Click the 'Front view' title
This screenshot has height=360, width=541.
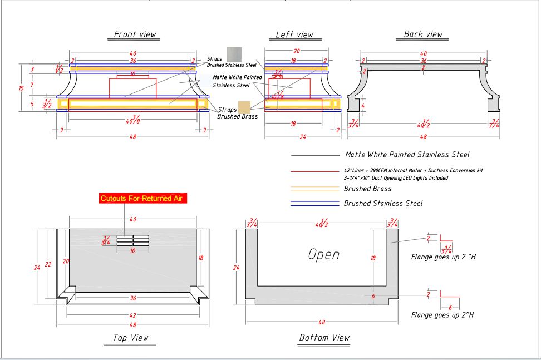click(135, 34)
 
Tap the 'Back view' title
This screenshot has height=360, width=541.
click(424, 34)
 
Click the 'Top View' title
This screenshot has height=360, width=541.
click(131, 337)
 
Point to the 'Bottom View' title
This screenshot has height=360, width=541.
click(324, 337)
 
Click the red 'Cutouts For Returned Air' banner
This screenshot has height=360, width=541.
click(144, 198)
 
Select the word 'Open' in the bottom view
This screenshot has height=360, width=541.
click(324, 255)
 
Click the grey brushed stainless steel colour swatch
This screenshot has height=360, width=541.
click(234, 54)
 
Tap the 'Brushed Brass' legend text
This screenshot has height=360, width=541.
click(367, 189)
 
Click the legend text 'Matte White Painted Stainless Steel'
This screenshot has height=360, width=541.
click(407, 155)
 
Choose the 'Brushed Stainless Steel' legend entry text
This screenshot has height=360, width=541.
click(383, 204)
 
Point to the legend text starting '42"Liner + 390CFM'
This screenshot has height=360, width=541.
click(410, 170)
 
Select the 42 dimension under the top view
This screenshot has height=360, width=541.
click(132, 315)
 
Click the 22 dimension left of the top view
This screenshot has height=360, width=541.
click(48, 264)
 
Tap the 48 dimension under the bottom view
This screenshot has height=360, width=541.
click(322, 322)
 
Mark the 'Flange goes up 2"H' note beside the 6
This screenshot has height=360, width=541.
click(442, 315)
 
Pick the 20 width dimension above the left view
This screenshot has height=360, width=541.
click(297, 51)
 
